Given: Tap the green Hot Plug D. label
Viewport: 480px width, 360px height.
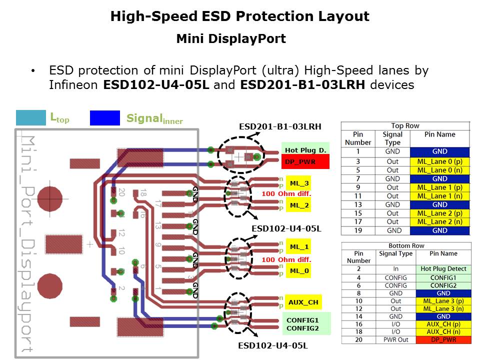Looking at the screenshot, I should pyautogui.click(x=305, y=149).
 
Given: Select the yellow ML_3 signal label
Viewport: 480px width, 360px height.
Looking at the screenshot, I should pyautogui.click(x=299, y=184).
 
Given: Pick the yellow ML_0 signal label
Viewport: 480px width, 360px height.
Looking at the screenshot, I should pyautogui.click(x=299, y=270).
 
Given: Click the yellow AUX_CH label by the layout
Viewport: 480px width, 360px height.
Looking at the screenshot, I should pyautogui.click(x=303, y=302).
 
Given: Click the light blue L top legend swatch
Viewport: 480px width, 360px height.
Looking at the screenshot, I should pyautogui.click(x=31, y=117).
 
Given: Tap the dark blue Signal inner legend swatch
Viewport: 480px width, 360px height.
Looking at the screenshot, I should pyautogui.click(x=104, y=117).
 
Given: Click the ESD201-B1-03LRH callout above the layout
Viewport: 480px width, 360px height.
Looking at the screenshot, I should pyautogui.click(x=280, y=126).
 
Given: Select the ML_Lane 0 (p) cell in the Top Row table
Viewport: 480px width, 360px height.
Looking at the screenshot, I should pyautogui.click(x=439, y=161).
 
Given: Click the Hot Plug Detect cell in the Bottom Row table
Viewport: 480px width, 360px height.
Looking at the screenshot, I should pyautogui.click(x=443, y=268).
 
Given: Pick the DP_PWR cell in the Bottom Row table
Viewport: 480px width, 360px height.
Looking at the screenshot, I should pyautogui.click(x=443, y=340).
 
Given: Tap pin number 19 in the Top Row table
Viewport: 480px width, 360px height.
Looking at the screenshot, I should pyautogui.click(x=358, y=230).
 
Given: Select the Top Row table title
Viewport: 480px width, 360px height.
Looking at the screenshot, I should pyautogui.click(x=405, y=125).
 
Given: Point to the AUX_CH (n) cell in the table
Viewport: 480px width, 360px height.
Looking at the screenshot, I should pyautogui.click(x=443, y=331).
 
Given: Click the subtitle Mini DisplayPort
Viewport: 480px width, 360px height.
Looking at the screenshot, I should pyautogui.click(x=230, y=39).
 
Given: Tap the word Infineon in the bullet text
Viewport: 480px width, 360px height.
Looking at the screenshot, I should pyautogui.click(x=73, y=84).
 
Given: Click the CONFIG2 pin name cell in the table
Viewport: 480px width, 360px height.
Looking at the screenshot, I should pyautogui.click(x=443, y=285).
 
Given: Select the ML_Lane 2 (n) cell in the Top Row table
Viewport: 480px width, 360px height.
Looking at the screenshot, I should pyautogui.click(x=439, y=221).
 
